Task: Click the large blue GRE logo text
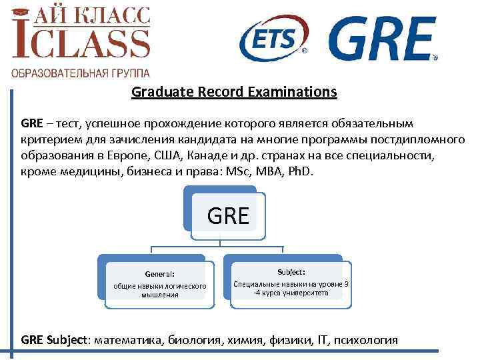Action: pyautogui.click(x=383, y=38)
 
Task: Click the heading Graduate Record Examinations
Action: pyautogui.click(x=234, y=92)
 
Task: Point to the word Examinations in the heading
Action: pyautogui.click(x=293, y=92)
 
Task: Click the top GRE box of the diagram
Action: pyautogui.click(x=228, y=215)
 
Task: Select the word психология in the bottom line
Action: pyautogui.click(x=365, y=339)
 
